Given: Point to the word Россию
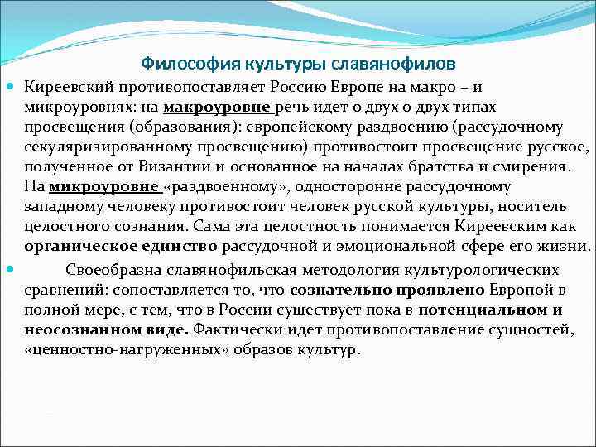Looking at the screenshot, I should pos(285,88).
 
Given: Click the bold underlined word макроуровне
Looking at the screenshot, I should pos(217,108).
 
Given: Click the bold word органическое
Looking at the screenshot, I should pos(79,247).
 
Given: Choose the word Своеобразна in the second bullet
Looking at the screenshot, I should pos(112,270).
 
